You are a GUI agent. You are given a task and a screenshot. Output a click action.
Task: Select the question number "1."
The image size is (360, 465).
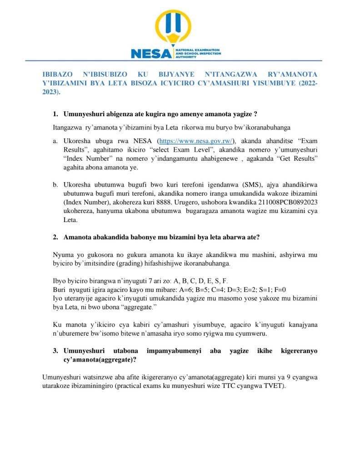[56, 113]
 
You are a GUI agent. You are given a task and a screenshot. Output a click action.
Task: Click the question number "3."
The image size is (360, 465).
[56, 351]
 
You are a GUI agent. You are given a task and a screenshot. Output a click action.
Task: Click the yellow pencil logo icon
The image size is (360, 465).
[176, 28]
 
